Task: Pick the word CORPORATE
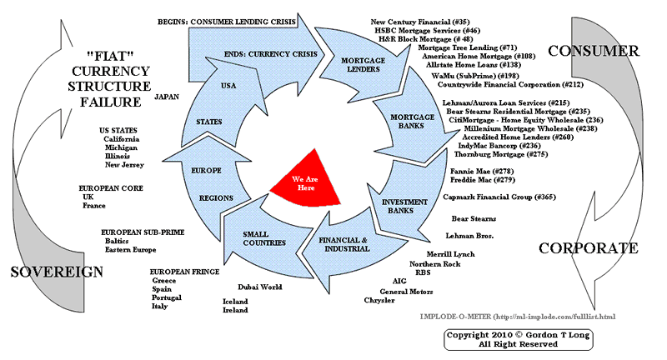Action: tap(589, 248)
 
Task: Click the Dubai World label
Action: tap(260, 287)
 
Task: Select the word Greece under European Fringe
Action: tap(164, 281)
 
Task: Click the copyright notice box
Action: tap(510, 339)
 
